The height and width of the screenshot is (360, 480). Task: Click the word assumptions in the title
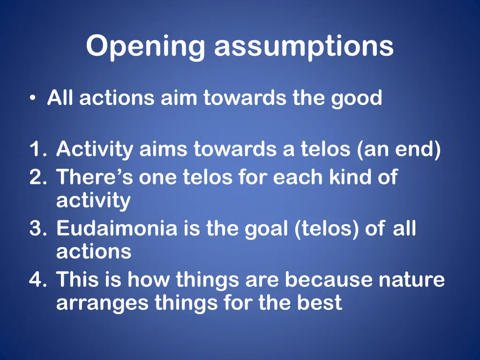click(304, 47)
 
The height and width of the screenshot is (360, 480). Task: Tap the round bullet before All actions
click(32, 99)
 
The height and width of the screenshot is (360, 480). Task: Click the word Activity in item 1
click(95, 150)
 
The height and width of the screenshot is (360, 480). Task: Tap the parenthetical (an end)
click(398, 150)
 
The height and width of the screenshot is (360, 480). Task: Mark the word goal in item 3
click(267, 229)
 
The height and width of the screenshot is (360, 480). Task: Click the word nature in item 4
click(412, 280)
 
